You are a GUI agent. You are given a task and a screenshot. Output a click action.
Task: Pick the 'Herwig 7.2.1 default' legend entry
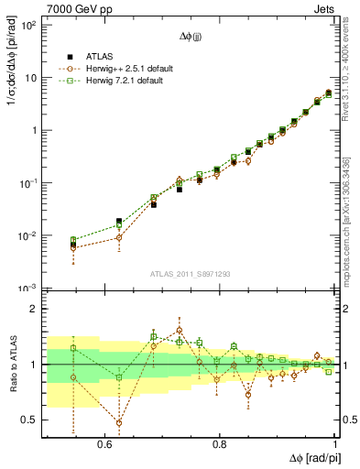[125, 81]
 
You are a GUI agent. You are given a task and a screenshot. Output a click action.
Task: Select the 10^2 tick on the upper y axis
[30, 25]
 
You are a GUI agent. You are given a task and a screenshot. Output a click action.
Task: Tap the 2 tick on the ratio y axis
[35, 309]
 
